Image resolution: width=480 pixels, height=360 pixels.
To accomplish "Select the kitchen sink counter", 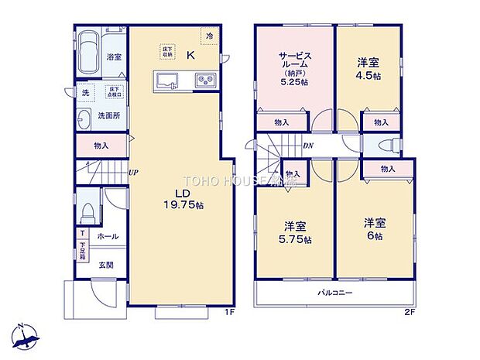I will point(168,80).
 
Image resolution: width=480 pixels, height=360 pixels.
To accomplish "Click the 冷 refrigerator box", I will point(209,35).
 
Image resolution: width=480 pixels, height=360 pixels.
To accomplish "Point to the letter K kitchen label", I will point(190,53).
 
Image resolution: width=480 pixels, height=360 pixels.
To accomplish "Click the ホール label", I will point(108,235).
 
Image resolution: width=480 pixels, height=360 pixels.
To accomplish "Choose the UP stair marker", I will point(133,173).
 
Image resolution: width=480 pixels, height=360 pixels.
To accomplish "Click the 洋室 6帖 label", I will point(375,229).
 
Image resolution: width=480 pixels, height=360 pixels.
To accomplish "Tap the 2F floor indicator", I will point(410,313).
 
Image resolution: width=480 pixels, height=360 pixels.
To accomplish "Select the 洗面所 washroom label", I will point(108,116).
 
